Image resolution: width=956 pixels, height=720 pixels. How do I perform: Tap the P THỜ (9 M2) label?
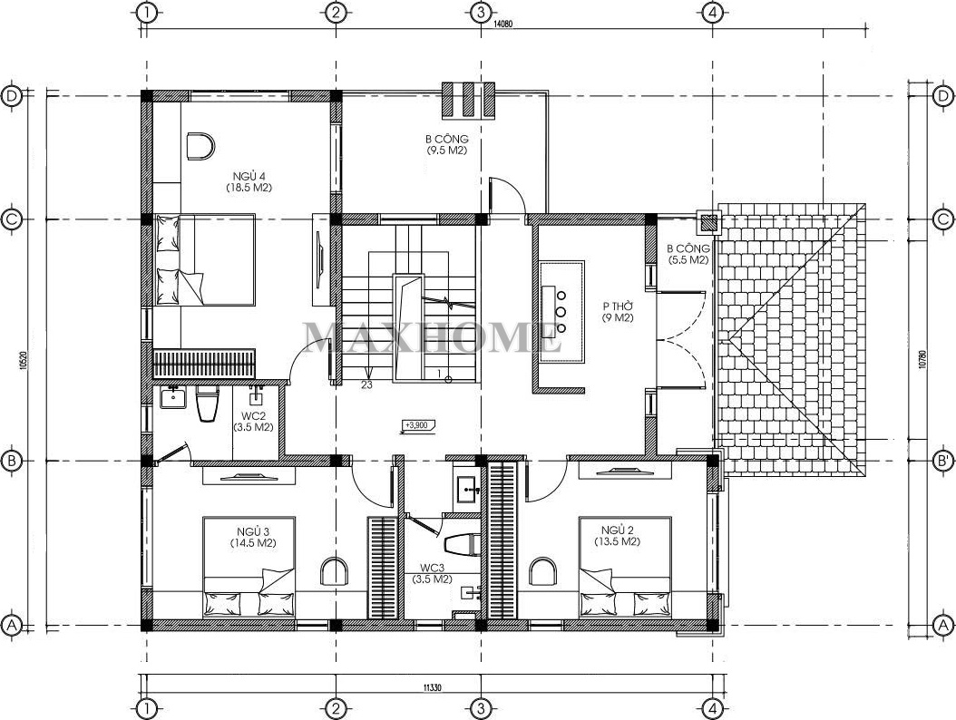618,312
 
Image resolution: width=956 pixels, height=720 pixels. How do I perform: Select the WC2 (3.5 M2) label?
253,422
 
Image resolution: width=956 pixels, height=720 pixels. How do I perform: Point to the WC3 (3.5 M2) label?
432,574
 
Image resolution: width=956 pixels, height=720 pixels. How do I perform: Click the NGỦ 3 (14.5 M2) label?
253,536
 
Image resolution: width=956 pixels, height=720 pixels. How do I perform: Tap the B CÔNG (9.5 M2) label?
447,144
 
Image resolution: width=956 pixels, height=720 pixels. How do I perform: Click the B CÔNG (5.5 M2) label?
688,254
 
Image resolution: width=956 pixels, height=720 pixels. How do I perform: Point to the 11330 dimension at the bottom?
432,687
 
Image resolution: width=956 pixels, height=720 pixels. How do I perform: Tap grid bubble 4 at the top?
712,12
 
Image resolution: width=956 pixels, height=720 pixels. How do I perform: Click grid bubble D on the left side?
11,96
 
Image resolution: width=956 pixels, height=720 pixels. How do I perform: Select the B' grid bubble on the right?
943,462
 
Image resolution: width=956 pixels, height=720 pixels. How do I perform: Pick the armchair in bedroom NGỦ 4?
199,146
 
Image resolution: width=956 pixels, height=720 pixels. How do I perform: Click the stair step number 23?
366,384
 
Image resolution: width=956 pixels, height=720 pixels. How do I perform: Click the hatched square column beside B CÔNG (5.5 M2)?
708,222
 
